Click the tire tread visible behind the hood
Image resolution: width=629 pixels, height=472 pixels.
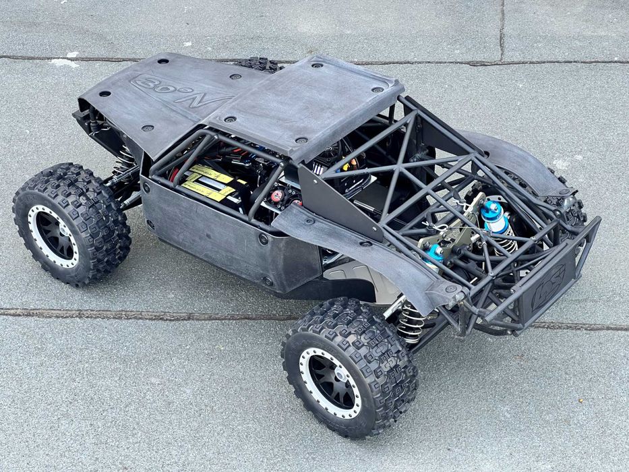tap(260, 65)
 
